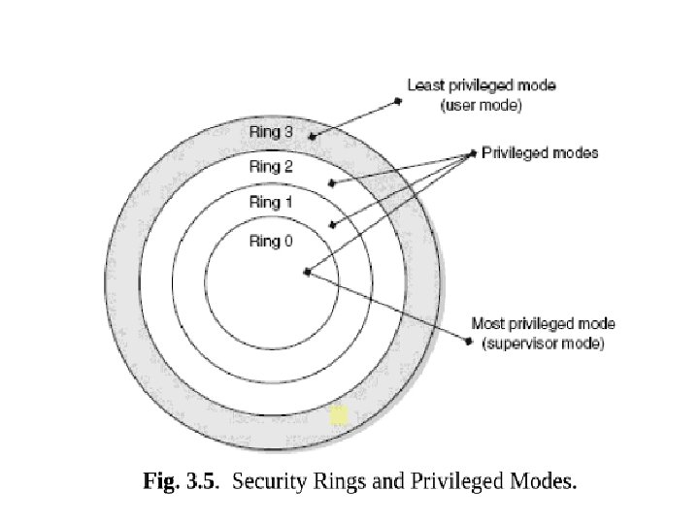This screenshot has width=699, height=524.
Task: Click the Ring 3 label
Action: (271, 132)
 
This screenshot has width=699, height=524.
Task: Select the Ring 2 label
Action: (271, 167)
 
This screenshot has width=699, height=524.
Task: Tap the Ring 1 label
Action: (271, 202)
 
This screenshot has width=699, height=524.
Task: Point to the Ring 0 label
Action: (271, 242)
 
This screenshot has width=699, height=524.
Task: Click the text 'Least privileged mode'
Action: (481, 85)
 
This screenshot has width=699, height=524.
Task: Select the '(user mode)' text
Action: (482, 106)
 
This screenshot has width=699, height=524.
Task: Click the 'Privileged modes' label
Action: (540, 152)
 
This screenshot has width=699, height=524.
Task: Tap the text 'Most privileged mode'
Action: (543, 324)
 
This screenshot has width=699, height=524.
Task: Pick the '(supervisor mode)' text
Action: (543, 344)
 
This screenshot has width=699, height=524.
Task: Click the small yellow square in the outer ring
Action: (339, 415)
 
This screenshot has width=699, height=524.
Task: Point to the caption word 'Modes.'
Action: (542, 479)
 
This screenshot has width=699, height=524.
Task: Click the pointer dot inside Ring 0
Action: (307, 273)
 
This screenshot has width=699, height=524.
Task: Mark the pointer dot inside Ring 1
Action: (332, 225)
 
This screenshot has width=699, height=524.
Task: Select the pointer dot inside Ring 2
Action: (332, 181)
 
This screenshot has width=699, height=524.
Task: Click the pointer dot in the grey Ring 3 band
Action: (313, 137)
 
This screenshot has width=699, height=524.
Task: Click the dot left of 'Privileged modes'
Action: (473, 151)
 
